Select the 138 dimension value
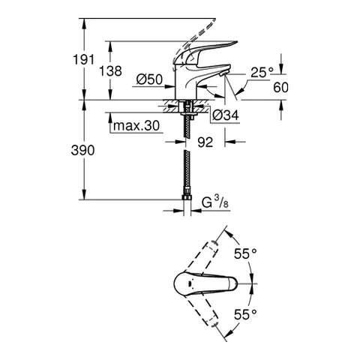click(125, 70)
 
